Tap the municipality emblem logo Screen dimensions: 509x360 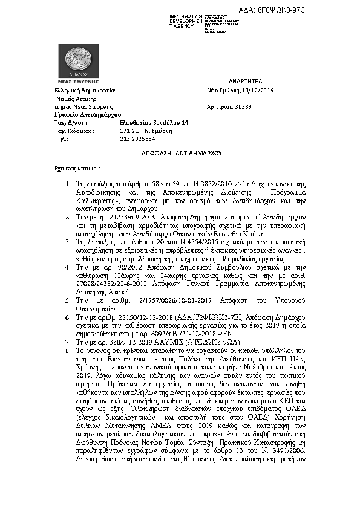(x=74, y=59)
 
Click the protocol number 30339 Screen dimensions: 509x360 (x=260, y=106)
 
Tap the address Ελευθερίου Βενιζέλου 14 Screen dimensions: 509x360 (x=154, y=122)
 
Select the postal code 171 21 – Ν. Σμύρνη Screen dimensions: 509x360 (x=146, y=131)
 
